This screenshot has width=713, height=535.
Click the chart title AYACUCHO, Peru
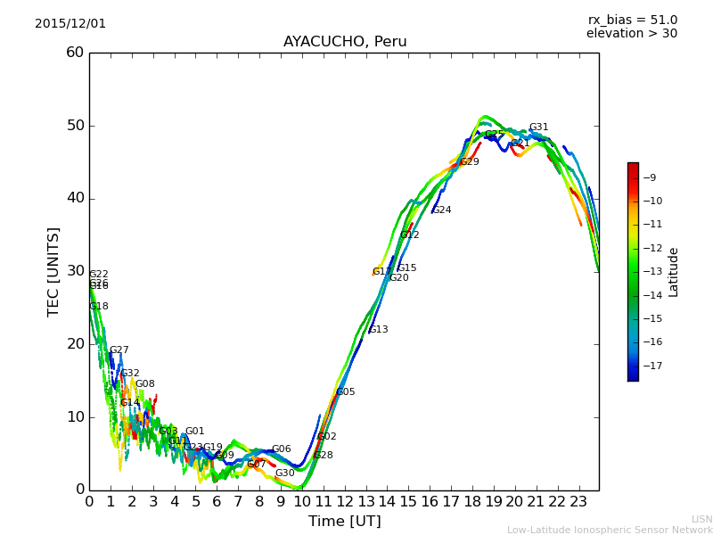click(345, 42)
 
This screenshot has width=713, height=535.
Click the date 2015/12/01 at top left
click(70, 24)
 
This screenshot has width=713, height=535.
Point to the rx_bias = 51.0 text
click(632, 21)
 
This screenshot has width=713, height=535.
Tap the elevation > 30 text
click(631, 34)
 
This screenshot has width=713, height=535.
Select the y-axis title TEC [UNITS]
click(53, 271)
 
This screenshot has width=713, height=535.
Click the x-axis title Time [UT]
click(344, 521)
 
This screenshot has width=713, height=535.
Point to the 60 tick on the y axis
click(75, 53)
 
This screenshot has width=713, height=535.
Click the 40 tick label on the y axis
click(75, 198)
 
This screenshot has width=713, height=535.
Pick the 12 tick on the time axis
click(344, 501)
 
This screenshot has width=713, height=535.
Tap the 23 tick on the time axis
click(578, 501)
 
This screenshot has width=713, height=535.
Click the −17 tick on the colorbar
click(654, 366)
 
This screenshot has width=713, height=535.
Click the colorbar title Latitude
click(674, 272)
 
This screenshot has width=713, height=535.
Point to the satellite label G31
click(538, 128)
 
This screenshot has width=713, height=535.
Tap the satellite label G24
click(441, 210)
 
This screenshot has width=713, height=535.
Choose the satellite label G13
click(378, 330)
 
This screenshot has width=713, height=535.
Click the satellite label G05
click(345, 392)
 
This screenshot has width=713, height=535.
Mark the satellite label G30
click(284, 473)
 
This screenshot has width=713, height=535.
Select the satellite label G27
click(119, 350)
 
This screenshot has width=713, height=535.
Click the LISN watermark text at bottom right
click(701, 519)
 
